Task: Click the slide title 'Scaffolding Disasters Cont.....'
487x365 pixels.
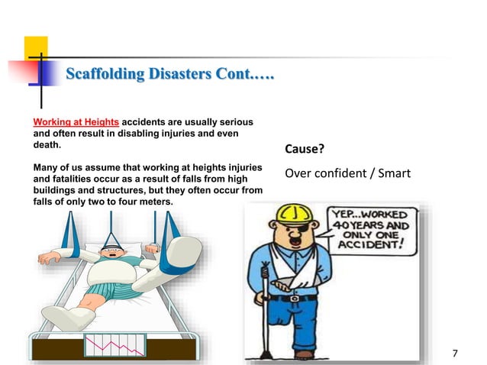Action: pos(169,75)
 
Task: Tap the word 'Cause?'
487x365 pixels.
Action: pos(305,148)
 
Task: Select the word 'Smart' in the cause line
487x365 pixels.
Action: pos(392,173)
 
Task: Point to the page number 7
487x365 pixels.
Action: pos(455,353)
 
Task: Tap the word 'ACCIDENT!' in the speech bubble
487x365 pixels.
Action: pos(379,247)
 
